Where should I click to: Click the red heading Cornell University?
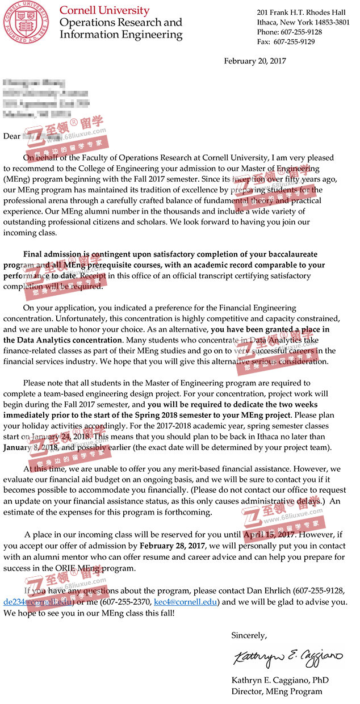pyautogui.click(x=104, y=10)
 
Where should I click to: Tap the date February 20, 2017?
pyautogui.click(x=255, y=61)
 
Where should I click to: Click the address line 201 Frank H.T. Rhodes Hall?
pyautogui.click(x=301, y=12)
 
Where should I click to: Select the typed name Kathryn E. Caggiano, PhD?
pyautogui.click(x=280, y=680)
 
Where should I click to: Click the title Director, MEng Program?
pyautogui.click(x=277, y=692)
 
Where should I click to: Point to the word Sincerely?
pyautogui.click(x=249, y=635)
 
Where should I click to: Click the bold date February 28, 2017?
pyautogui.click(x=172, y=546)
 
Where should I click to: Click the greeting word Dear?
pyautogui.click(x=11, y=136)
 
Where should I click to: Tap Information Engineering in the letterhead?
pyautogui.click(x=121, y=35)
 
